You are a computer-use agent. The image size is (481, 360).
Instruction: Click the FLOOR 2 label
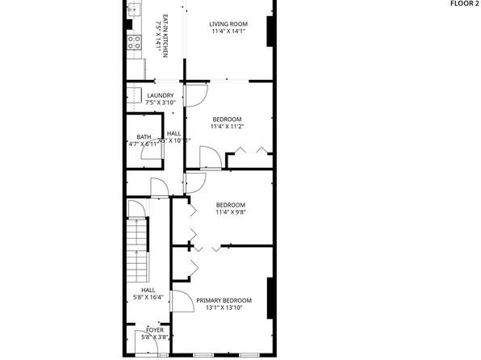click(x=465, y=4)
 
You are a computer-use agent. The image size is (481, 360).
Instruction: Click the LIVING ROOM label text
click(x=228, y=24)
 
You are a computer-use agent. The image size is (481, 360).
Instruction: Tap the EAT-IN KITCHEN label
click(x=165, y=33)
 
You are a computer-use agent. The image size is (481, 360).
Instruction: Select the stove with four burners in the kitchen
click(x=133, y=41)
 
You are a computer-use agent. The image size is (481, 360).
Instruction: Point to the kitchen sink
click(x=134, y=10)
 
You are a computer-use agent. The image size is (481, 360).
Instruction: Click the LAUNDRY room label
click(x=160, y=96)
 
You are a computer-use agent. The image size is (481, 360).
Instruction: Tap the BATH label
click(x=144, y=136)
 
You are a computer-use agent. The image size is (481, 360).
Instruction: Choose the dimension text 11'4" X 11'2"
click(x=227, y=127)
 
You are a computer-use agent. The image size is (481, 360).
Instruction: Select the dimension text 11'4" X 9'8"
click(x=230, y=214)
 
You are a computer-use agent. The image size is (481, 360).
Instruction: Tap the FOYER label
click(x=153, y=330)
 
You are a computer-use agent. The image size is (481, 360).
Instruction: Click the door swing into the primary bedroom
click(x=183, y=302)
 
